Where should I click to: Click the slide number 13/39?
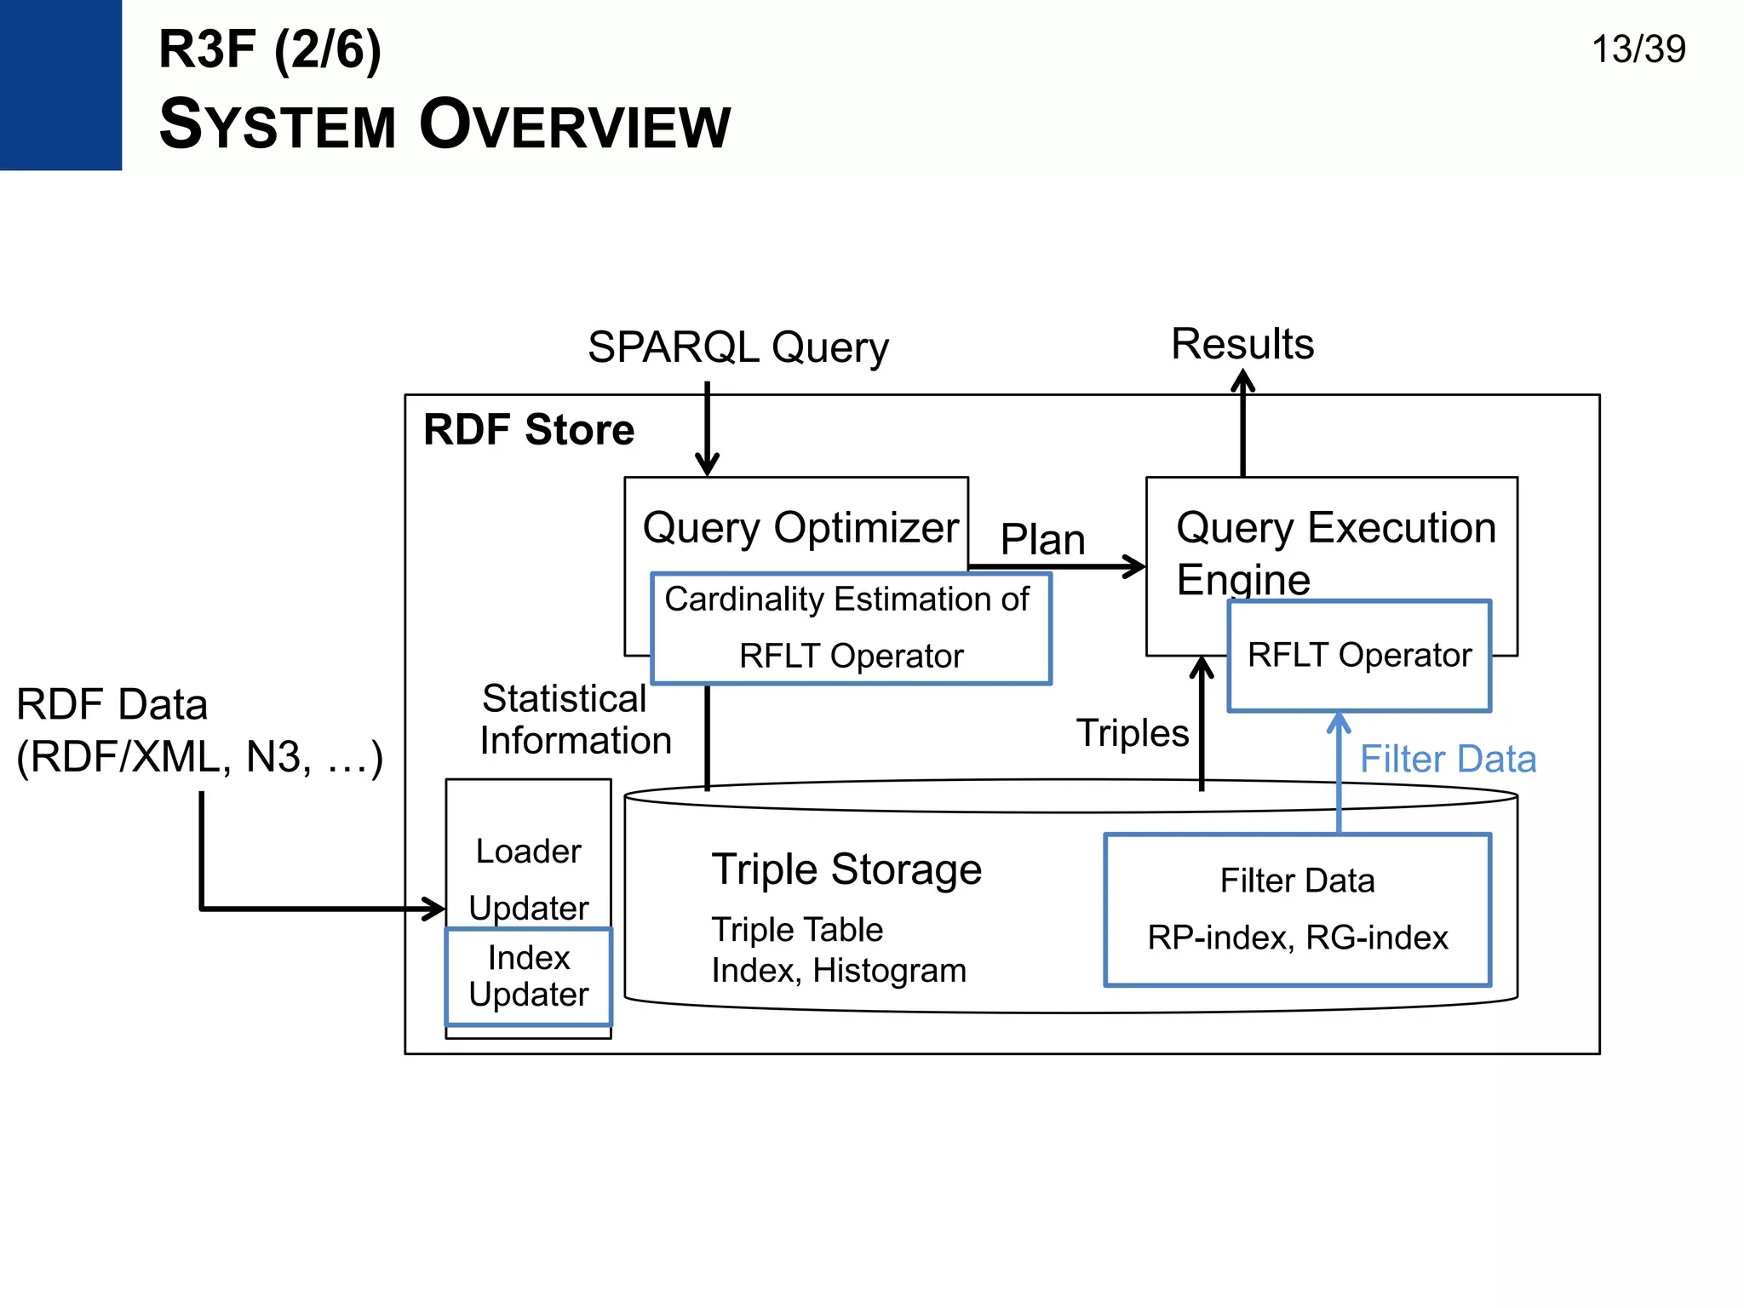(x=1638, y=49)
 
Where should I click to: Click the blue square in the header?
(x=60, y=84)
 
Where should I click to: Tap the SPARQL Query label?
(x=737, y=347)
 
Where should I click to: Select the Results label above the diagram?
(x=1242, y=344)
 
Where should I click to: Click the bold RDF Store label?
(x=528, y=429)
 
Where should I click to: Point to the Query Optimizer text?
(x=800, y=527)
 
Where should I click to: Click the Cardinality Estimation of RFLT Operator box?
(x=850, y=628)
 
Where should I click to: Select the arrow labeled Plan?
(x=1056, y=566)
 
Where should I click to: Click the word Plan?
(x=1041, y=539)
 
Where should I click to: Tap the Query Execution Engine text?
(x=1334, y=552)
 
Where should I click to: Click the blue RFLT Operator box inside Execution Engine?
(x=1358, y=656)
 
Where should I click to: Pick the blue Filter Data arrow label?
(x=1447, y=759)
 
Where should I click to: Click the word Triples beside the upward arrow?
(x=1131, y=733)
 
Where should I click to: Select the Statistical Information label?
(x=574, y=720)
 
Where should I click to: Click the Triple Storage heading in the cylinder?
(x=846, y=869)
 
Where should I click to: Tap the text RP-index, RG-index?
(x=1297, y=938)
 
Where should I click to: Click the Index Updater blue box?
(x=528, y=976)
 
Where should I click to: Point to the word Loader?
(x=528, y=852)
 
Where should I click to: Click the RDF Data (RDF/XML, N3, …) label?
(x=198, y=731)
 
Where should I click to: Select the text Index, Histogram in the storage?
(x=838, y=971)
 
